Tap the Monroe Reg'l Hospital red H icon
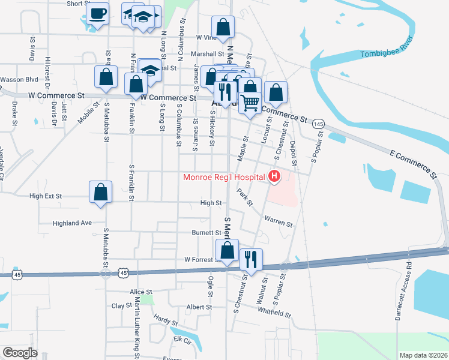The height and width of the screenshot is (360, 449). (274, 176)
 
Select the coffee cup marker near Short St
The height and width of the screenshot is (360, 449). (97, 13)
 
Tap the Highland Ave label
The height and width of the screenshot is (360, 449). (72, 223)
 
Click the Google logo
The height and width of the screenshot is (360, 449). (20, 353)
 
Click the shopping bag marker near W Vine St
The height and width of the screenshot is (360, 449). (223, 26)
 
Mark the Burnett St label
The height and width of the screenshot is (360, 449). (206, 232)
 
